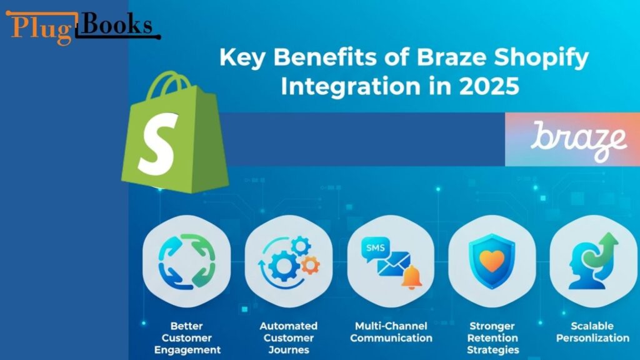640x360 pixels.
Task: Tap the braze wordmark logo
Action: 578,140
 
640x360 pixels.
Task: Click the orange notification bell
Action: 412,278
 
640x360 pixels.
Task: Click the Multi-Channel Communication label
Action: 391,332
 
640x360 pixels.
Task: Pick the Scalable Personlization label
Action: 592,332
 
